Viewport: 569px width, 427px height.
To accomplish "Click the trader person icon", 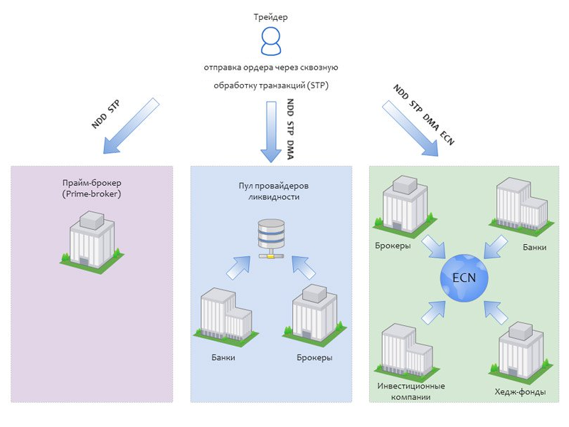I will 271,41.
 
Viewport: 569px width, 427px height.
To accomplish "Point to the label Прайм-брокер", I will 90,182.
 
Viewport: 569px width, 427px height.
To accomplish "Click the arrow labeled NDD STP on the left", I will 131,127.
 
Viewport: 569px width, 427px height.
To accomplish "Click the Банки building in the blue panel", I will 225,316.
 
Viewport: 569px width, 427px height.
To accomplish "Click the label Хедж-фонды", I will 520,391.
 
